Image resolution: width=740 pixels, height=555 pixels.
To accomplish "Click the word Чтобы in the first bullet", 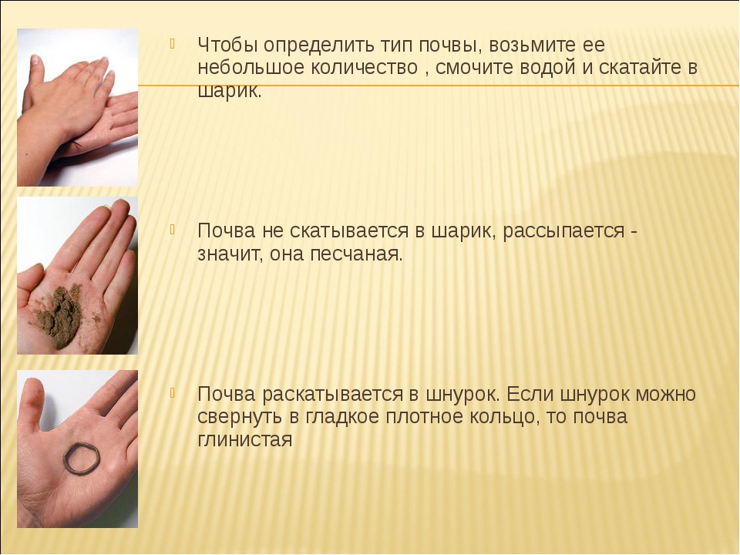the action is [x=227, y=45].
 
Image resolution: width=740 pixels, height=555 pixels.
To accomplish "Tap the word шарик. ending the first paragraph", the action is [x=229, y=91].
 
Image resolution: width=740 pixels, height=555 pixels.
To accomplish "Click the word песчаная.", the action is [x=357, y=254].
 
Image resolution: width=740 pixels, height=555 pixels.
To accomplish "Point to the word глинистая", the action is [x=245, y=440].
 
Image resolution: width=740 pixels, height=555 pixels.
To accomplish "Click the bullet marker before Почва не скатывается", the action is [x=173, y=230].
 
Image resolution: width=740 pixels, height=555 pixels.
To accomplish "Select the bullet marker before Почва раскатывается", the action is [x=173, y=392].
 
